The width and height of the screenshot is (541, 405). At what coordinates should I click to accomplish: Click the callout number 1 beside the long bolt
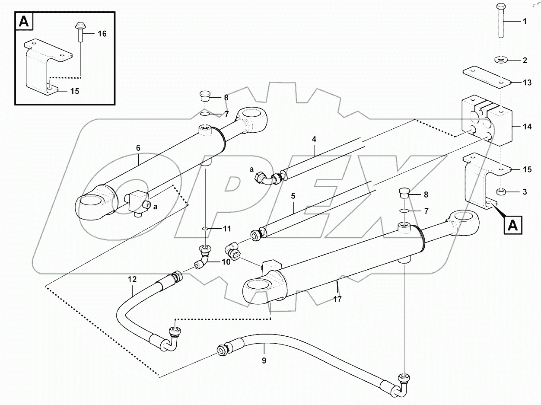click(525, 21)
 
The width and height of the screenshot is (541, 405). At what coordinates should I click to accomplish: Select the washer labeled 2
click(500, 59)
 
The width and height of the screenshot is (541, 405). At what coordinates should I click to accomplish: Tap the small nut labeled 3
click(500, 191)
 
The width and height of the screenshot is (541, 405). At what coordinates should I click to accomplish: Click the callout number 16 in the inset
click(102, 33)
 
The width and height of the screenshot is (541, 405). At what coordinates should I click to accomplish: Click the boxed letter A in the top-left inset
click(25, 22)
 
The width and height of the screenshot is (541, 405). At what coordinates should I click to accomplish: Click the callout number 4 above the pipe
click(314, 140)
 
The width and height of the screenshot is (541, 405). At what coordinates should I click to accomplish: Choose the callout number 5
click(293, 196)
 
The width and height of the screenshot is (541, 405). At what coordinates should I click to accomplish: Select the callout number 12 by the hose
click(132, 280)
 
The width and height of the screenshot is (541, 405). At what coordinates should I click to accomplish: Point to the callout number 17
click(337, 299)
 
